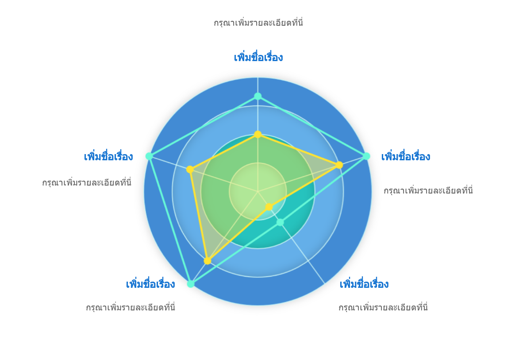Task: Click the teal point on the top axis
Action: coord(258,96)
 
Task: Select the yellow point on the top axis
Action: coord(258,134)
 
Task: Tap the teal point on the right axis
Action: coord(366,156)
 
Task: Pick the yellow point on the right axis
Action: coord(339,165)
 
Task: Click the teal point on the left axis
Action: coord(149,156)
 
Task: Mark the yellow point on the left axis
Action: coord(190,169)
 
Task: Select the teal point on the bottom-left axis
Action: coord(191,284)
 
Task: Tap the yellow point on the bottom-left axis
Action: coord(207,261)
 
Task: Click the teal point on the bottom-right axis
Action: coord(280,222)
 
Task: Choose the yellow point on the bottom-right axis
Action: coord(269,207)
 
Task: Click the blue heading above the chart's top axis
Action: coord(258,57)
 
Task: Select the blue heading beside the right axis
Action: coord(406,156)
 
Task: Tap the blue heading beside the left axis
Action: coord(108,156)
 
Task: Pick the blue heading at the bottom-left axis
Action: coord(150,284)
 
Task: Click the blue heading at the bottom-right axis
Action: coord(364,284)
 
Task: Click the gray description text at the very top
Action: coord(258,23)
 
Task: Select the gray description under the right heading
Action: coord(428,190)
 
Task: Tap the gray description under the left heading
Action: coord(87,182)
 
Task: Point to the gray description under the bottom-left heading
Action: coord(131,307)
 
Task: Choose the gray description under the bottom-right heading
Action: coord(383,307)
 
